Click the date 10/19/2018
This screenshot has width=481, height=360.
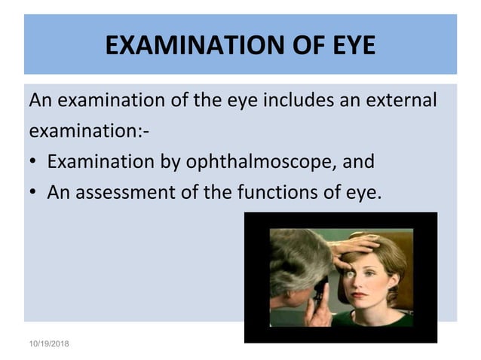tap(48, 343)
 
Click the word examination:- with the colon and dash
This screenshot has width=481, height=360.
tap(88, 130)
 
